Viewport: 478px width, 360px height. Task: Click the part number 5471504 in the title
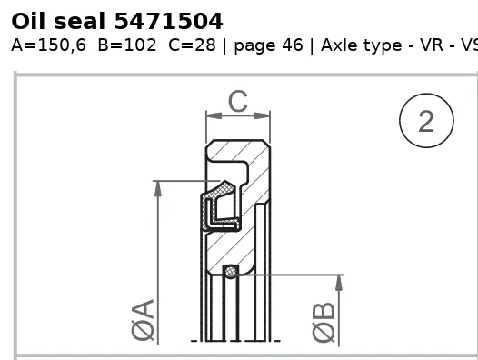tap(169, 21)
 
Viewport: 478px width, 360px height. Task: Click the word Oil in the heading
tap(28, 21)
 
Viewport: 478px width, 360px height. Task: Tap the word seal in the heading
tap(80, 21)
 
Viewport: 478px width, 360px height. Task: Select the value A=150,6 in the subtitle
tap(48, 45)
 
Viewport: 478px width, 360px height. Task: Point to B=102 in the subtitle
tap(127, 45)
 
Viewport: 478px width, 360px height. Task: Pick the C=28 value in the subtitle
tap(192, 45)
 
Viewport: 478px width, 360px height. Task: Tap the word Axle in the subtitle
tap(339, 45)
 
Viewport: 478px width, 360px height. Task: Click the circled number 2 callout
tap(426, 121)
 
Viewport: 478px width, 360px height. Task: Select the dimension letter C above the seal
tap(238, 101)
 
